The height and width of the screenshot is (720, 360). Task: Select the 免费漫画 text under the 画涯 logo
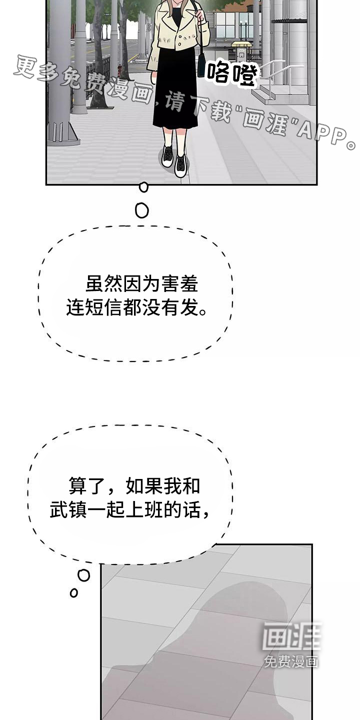click(x=291, y=661)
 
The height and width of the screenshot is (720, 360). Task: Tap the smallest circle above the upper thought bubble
click(x=143, y=187)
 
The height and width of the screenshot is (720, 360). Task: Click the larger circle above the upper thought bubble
click(x=142, y=210)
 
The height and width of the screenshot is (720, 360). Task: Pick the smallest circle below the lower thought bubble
click(x=74, y=593)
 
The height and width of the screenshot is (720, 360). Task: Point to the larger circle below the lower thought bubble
click(x=84, y=575)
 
